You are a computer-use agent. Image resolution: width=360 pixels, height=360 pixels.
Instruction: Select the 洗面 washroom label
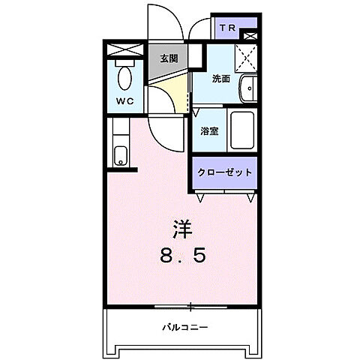(220, 78)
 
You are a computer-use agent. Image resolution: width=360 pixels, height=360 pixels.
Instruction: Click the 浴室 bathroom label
(209, 130)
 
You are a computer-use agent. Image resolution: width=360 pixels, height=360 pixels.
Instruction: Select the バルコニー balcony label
(184, 328)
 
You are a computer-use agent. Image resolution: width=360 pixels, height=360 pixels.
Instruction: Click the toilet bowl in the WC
(125, 77)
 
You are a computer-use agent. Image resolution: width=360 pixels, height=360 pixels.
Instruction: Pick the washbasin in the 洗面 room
(248, 90)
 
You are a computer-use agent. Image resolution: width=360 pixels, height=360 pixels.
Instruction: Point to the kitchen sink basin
(121, 156)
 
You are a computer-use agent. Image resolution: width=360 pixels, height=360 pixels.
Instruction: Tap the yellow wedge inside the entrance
(174, 94)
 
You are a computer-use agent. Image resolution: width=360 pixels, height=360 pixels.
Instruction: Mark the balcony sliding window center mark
(190, 305)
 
